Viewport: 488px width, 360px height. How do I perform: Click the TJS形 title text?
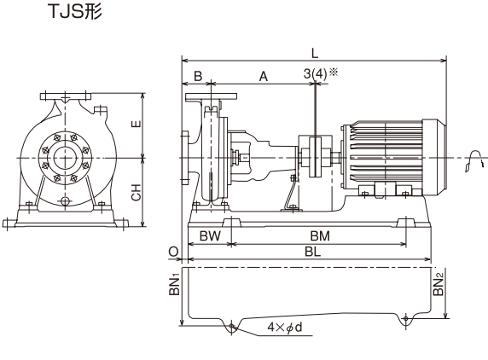(75, 12)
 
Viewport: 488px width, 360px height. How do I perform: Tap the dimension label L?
(315, 54)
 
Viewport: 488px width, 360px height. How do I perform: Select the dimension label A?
(264, 76)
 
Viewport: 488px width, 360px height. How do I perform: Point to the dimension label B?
(198, 76)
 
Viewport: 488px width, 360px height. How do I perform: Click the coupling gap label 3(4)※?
(321, 73)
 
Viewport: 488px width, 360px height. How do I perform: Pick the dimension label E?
(137, 124)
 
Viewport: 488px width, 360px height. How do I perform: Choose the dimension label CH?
(137, 192)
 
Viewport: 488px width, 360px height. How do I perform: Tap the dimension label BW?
(210, 236)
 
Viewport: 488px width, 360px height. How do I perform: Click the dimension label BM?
(320, 236)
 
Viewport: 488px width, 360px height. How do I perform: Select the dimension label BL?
(313, 252)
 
